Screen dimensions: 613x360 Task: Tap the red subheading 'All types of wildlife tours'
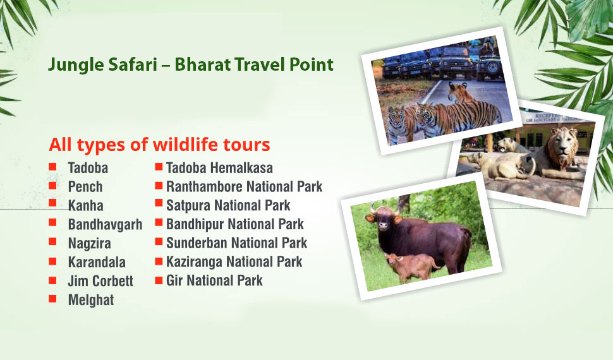pyautogui.click(x=159, y=145)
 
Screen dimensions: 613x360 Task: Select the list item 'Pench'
pyautogui.click(x=85, y=187)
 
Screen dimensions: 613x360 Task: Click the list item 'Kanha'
pyautogui.click(x=85, y=206)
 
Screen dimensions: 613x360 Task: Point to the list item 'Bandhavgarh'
pyautogui.click(x=105, y=224)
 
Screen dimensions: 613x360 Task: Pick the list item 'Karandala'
pyautogui.click(x=97, y=262)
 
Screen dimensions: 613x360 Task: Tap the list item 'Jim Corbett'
pyautogui.click(x=100, y=281)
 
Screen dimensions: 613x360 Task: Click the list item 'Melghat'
pyautogui.click(x=91, y=300)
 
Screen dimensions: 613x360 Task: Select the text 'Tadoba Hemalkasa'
pyautogui.click(x=219, y=168)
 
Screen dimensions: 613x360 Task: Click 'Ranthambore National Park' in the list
pyautogui.click(x=245, y=187)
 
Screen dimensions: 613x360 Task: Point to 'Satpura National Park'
pyautogui.click(x=228, y=206)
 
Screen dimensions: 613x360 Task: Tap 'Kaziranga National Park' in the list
pyautogui.click(x=234, y=262)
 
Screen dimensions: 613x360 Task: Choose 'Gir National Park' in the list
pyautogui.click(x=214, y=280)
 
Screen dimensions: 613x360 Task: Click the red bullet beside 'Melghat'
pyautogui.click(x=53, y=299)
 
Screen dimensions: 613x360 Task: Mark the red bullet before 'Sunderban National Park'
pyautogui.click(x=159, y=241)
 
